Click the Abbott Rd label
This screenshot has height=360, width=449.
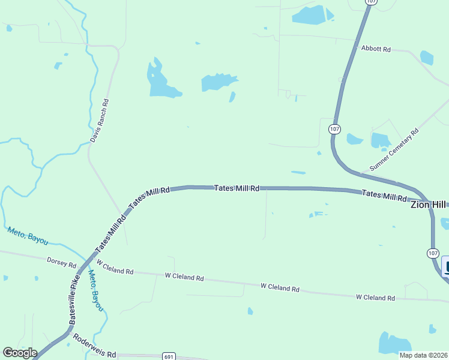click(376, 49)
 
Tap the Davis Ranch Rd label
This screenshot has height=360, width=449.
click(100, 121)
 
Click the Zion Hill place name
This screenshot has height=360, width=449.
click(429, 205)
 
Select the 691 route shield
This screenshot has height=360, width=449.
click(169, 356)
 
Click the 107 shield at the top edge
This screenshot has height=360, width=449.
click(371, 2)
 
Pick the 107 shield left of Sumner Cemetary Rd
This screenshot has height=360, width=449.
click(334, 129)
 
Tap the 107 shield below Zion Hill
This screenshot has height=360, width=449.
click(433, 253)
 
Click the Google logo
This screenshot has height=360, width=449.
click(20, 352)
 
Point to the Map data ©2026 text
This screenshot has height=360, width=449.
click(423, 355)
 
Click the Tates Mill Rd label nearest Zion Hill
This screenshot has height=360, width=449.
click(384, 196)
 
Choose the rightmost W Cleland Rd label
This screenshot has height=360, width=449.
click(375, 297)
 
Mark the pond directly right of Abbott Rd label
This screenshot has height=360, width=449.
click(427, 58)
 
